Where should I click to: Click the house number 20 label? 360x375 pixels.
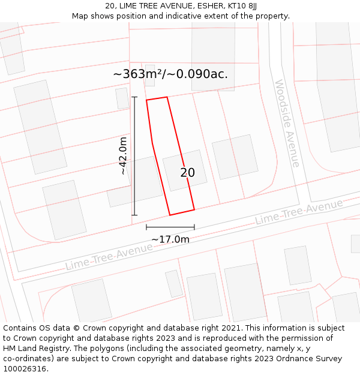pos(188,173)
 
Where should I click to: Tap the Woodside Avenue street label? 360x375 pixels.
pos(287,124)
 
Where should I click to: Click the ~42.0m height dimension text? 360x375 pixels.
pos(123,156)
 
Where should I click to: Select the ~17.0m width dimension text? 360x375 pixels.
pos(170,239)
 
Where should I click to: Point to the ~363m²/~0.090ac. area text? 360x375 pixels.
pos(170,74)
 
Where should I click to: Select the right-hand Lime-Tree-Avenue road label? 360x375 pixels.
pos(298,212)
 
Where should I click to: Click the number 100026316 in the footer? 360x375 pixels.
pos(26,368)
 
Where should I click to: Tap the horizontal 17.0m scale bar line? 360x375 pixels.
pos(170,227)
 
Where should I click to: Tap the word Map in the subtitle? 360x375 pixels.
pos(80,16)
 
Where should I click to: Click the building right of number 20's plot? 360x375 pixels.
pos(235,157)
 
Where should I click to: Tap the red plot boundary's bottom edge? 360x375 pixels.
pos(182,212)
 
